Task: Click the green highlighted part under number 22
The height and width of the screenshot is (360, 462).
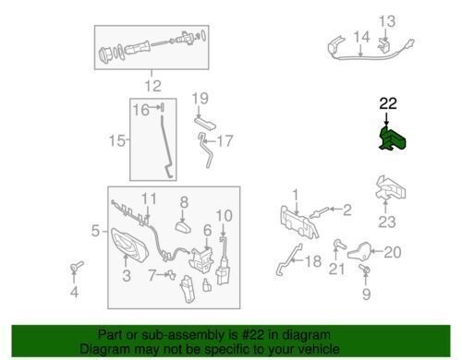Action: tap(392, 138)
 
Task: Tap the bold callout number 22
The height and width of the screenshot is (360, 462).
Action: tap(388, 103)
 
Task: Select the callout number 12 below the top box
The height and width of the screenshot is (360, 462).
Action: tap(152, 86)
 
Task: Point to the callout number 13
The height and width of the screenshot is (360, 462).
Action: tap(387, 21)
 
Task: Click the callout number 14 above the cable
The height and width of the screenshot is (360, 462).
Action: tap(361, 37)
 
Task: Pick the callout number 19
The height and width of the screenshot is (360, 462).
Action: tap(201, 99)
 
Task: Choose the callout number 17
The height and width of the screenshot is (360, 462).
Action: tap(225, 141)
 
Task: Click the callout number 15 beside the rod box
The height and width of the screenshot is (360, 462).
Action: tap(117, 141)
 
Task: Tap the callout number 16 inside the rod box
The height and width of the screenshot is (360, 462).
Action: tap(141, 110)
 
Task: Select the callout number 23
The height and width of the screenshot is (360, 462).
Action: tap(387, 222)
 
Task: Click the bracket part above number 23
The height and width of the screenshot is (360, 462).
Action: tap(391, 187)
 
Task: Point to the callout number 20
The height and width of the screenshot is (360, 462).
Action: tap(393, 252)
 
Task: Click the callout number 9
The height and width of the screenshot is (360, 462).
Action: tap(366, 294)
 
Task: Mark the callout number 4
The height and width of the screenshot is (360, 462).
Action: tap(74, 292)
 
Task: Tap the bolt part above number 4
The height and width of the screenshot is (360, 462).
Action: tap(77, 266)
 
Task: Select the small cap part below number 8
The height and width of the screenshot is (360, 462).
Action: tap(183, 228)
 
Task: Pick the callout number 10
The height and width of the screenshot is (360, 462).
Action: tap(224, 216)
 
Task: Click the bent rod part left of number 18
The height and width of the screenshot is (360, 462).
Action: tap(288, 259)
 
